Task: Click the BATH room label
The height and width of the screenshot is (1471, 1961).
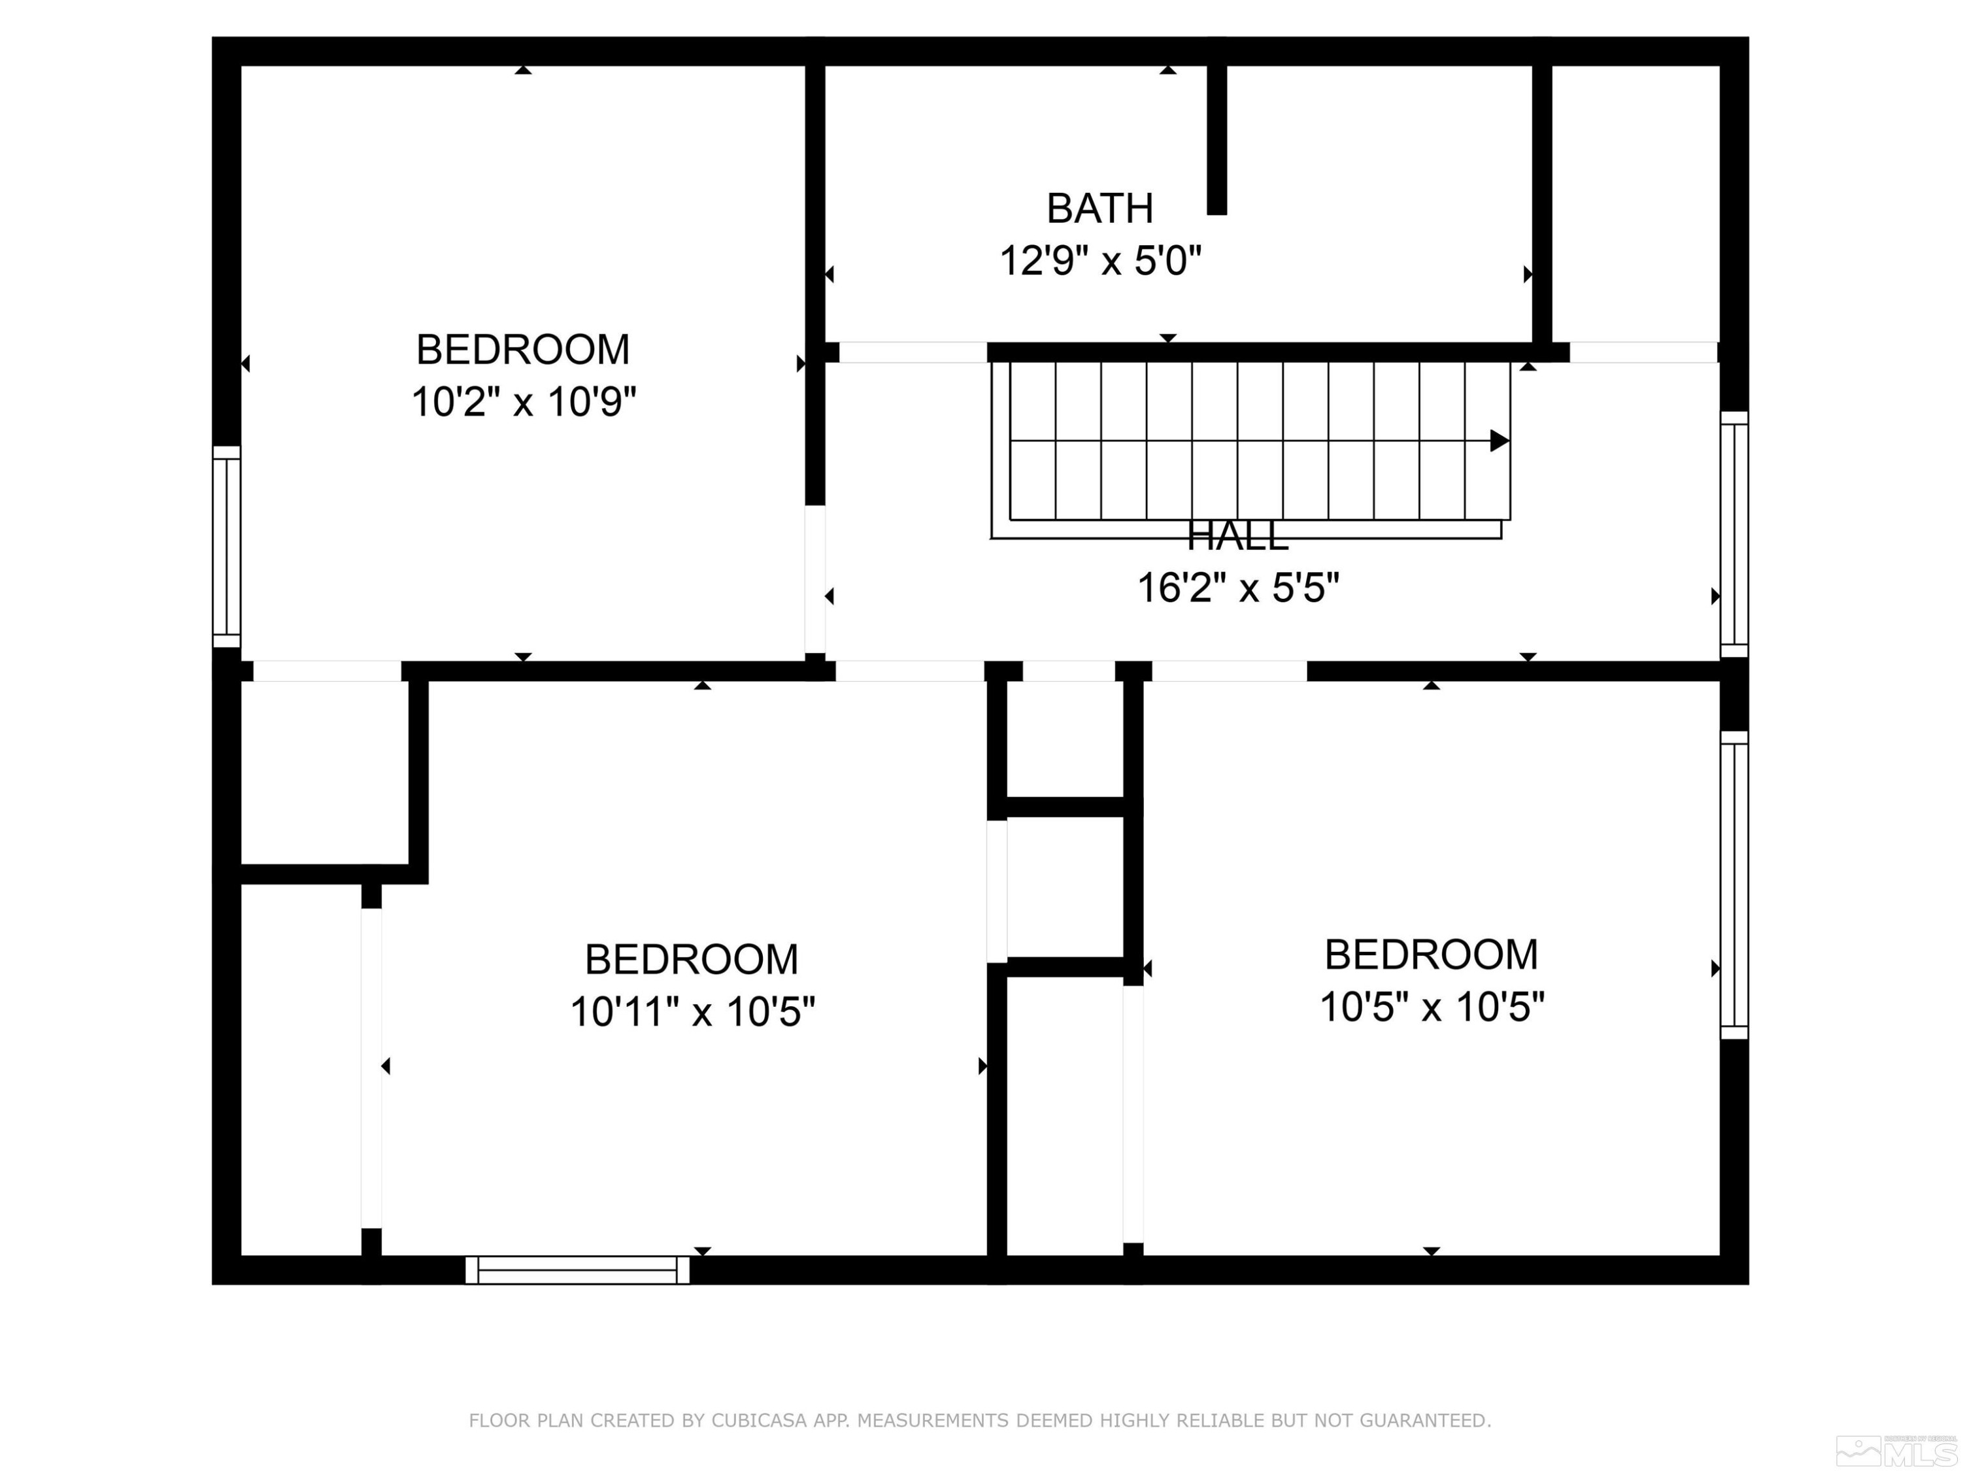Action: [1099, 209]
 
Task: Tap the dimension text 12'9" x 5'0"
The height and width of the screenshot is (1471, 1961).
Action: [1100, 262]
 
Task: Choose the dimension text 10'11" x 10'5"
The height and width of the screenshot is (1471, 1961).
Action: [692, 1011]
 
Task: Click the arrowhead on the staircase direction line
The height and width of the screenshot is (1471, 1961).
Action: [1499, 441]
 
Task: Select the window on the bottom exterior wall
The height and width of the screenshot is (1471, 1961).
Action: [577, 1270]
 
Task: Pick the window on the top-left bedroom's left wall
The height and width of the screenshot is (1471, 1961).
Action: [227, 546]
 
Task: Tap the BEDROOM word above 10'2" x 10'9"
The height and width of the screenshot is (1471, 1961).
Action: [523, 350]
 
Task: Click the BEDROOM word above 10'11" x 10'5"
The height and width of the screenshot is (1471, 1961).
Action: [692, 959]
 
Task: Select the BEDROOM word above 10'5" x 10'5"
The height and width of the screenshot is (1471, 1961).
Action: [1431, 955]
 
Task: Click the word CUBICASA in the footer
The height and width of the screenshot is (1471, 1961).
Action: [758, 1421]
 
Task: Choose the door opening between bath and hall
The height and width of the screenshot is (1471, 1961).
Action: [913, 352]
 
